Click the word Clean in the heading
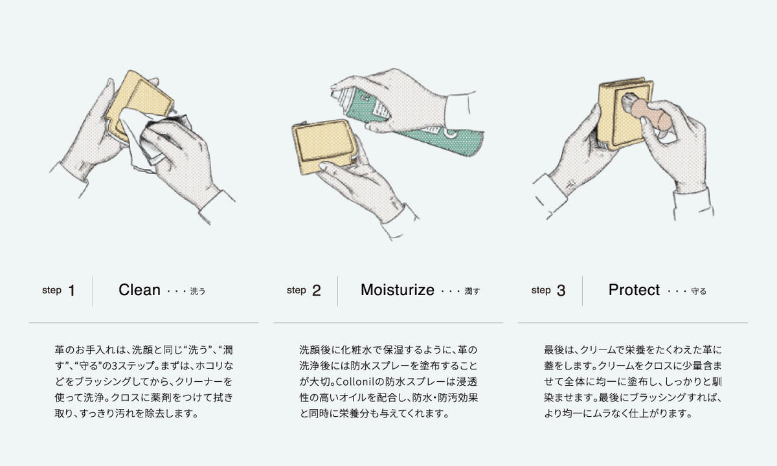[139, 290]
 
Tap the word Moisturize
[397, 290]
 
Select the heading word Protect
[634, 290]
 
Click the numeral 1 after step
[72, 291]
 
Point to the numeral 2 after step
[317, 291]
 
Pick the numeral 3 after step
[561, 291]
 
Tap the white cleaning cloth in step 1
[153, 139]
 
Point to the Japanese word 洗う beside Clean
[197, 291]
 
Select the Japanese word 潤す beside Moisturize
[472, 291]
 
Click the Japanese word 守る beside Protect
[699, 291]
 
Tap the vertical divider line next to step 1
[93, 291]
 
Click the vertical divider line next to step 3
[582, 291]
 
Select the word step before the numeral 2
[297, 290]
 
